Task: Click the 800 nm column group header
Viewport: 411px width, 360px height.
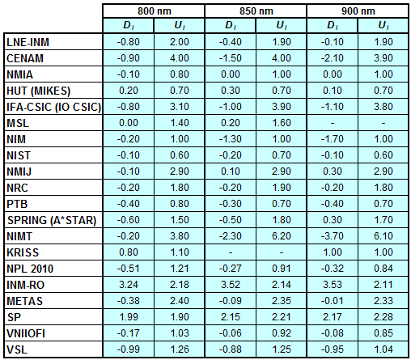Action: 155,11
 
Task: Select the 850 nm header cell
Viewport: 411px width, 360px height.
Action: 256,11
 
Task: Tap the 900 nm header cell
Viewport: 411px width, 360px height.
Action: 358,11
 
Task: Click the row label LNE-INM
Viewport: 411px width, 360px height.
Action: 28,42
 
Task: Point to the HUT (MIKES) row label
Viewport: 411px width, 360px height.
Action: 38,91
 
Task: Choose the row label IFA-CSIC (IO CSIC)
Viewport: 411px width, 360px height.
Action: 53,107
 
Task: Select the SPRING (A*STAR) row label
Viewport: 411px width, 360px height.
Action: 52,220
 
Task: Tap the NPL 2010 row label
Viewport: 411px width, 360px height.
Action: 30,269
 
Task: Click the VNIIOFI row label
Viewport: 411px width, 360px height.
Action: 26,333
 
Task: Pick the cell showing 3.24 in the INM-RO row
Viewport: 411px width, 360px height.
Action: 129,285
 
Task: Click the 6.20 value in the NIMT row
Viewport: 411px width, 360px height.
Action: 282,236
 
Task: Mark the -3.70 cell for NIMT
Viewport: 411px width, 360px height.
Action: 333,236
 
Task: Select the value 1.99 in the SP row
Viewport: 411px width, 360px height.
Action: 129,317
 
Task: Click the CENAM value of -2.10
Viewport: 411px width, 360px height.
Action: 333,58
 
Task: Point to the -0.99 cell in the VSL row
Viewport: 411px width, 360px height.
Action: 129,349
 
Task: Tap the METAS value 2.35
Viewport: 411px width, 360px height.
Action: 282,301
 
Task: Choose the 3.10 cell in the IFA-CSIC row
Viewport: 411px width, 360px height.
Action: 180,107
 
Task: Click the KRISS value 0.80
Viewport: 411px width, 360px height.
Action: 129,252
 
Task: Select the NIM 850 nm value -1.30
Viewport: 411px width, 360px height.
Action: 231,139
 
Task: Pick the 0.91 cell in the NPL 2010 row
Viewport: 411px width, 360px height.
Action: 282,269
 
